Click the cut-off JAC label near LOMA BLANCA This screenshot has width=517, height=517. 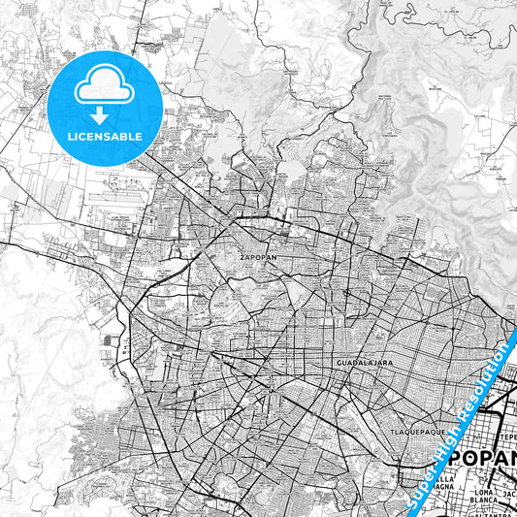tap(508, 494)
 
